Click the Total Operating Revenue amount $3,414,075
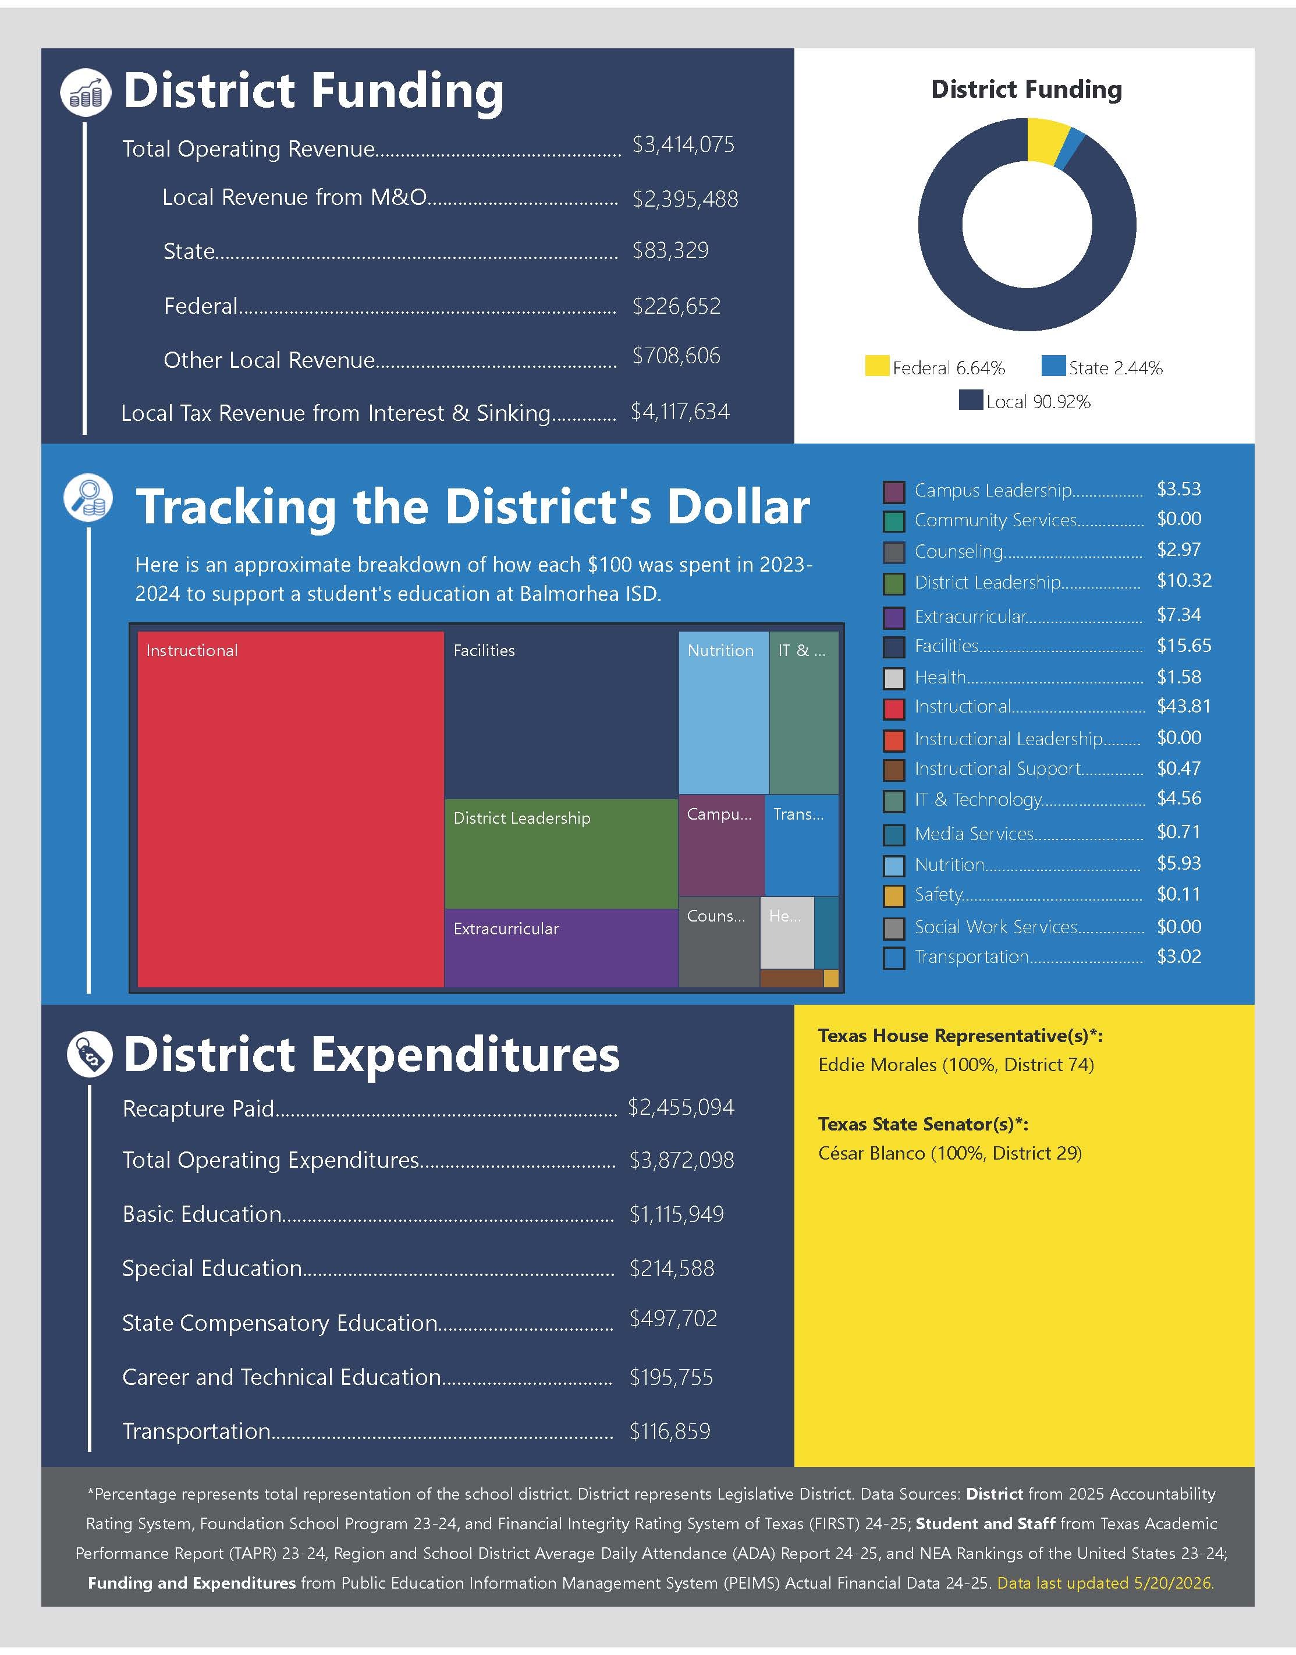(683, 144)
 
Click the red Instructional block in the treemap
(290, 809)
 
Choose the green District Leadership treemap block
(561, 853)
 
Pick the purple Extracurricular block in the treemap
(561, 948)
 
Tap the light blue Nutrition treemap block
(723, 713)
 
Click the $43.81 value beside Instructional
(1184, 707)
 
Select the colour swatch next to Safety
(894, 896)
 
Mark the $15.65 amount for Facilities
(1184, 646)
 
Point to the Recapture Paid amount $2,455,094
(681, 1107)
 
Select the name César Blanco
(871, 1153)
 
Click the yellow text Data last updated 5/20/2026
(1106, 1583)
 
